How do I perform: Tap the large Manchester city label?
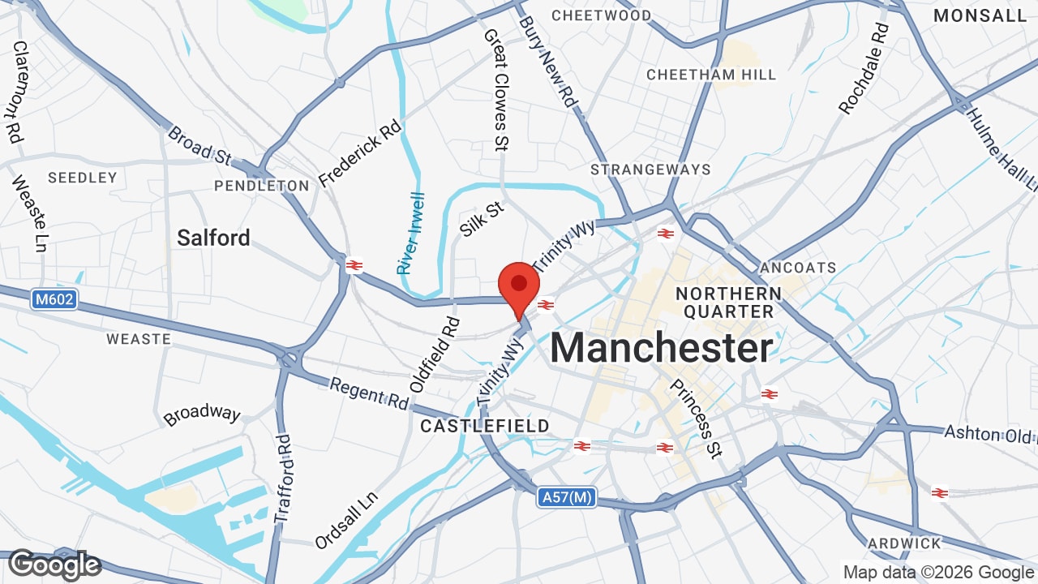pos(661,349)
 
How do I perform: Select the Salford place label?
pos(213,238)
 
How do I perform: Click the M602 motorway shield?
pos(55,299)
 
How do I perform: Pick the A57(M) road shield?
pos(566,497)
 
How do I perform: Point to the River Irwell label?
pos(411,233)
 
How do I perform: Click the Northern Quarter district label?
pos(728,302)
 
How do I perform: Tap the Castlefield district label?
pos(485,426)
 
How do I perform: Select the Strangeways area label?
pos(650,170)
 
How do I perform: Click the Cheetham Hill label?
pos(711,75)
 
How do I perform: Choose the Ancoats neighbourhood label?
pos(798,267)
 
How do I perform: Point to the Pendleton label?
pos(262,186)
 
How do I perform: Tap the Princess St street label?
pos(695,418)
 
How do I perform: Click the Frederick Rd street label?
pos(360,153)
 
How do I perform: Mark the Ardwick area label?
pos(904,543)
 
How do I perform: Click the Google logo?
pos(54,565)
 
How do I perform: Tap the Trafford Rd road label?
pos(282,479)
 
